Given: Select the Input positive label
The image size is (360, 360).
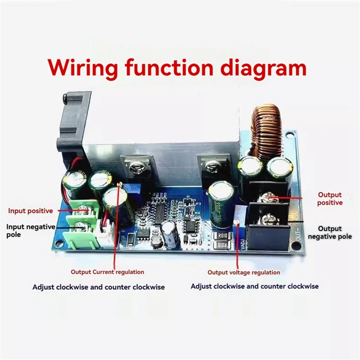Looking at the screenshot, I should click(30, 211).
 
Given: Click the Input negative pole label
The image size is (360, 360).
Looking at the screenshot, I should click(31, 230).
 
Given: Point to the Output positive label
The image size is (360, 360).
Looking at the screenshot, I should click(330, 199).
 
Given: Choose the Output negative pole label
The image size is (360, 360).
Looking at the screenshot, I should click(330, 232).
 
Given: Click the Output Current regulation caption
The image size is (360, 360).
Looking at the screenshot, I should click(107, 272).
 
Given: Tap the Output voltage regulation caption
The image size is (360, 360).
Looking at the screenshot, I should click(244, 272).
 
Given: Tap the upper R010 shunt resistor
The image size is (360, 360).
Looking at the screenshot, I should click(222, 236).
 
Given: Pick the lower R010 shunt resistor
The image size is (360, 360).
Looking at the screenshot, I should click(222, 246).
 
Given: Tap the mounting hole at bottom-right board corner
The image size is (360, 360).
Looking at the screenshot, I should click(296, 246).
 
